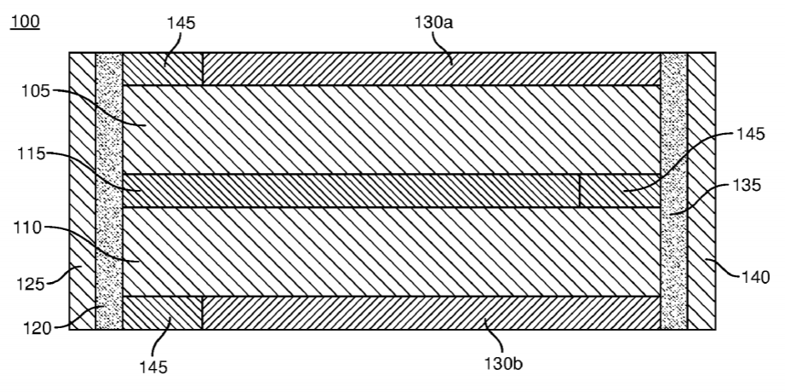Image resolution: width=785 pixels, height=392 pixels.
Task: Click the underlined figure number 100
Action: (25, 22)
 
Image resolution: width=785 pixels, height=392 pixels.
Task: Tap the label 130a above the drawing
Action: (433, 22)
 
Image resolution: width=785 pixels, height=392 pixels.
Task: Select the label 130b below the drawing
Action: (502, 363)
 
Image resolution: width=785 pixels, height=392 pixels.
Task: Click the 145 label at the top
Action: (180, 23)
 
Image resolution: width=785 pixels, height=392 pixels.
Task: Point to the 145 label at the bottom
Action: (153, 367)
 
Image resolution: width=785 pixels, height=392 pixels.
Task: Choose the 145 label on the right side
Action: (750, 134)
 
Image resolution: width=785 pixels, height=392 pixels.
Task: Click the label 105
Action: (36, 91)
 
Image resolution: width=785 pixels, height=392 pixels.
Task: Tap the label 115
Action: (31, 154)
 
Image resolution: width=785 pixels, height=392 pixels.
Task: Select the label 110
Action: (27, 228)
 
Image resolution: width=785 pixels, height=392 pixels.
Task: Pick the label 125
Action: (31, 285)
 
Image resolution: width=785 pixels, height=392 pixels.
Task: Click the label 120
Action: (37, 328)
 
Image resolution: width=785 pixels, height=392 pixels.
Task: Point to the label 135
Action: (747, 185)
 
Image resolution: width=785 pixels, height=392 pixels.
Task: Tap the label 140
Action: (754, 277)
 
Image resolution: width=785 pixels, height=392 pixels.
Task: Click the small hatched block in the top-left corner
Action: (163, 69)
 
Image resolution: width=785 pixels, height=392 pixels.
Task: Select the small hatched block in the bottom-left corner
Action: (163, 313)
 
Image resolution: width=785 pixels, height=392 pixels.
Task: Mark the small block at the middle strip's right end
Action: (620, 191)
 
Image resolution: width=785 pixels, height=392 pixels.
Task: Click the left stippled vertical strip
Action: (109, 191)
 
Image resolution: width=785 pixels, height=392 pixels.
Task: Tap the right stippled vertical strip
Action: (673, 191)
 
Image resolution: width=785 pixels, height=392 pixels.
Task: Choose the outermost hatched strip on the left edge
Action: (82, 191)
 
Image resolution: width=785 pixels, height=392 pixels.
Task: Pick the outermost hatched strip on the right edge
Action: (702, 191)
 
